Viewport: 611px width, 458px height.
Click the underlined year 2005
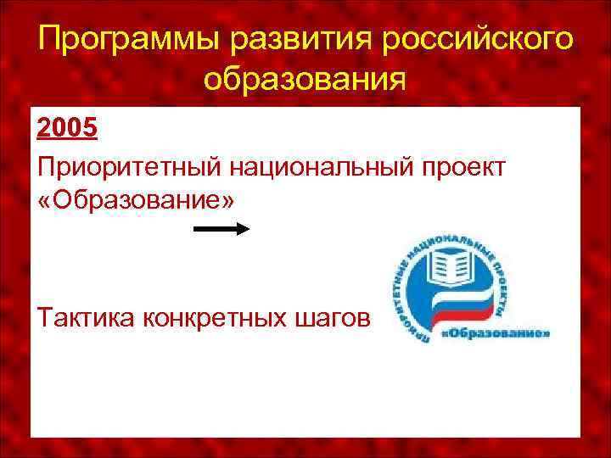pos(67,129)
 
